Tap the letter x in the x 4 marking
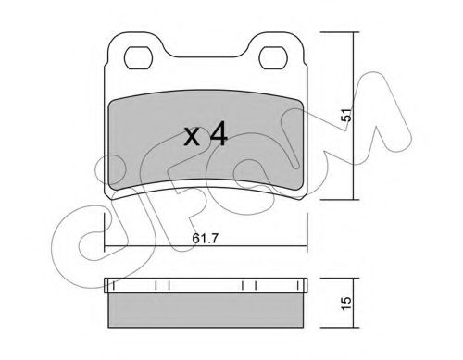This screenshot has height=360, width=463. [191, 140]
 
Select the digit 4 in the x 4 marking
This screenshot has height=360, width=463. [218, 137]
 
